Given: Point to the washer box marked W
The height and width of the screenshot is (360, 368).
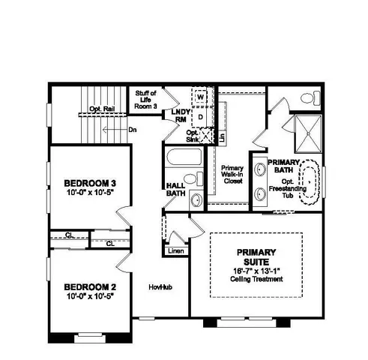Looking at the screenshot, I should (201, 97).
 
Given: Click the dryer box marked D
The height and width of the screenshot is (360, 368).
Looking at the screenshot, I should (201, 117).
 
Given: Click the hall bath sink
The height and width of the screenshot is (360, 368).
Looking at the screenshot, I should (195, 200).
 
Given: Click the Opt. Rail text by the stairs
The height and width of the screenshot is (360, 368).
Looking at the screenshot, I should (101, 109).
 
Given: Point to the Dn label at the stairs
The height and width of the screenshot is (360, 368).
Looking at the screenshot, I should (132, 130).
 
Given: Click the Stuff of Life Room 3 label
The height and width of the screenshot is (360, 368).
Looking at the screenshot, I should (145, 100).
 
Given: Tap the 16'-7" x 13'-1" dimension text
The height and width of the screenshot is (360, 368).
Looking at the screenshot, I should (256, 271).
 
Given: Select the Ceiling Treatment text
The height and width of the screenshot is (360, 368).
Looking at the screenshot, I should (256, 280).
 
